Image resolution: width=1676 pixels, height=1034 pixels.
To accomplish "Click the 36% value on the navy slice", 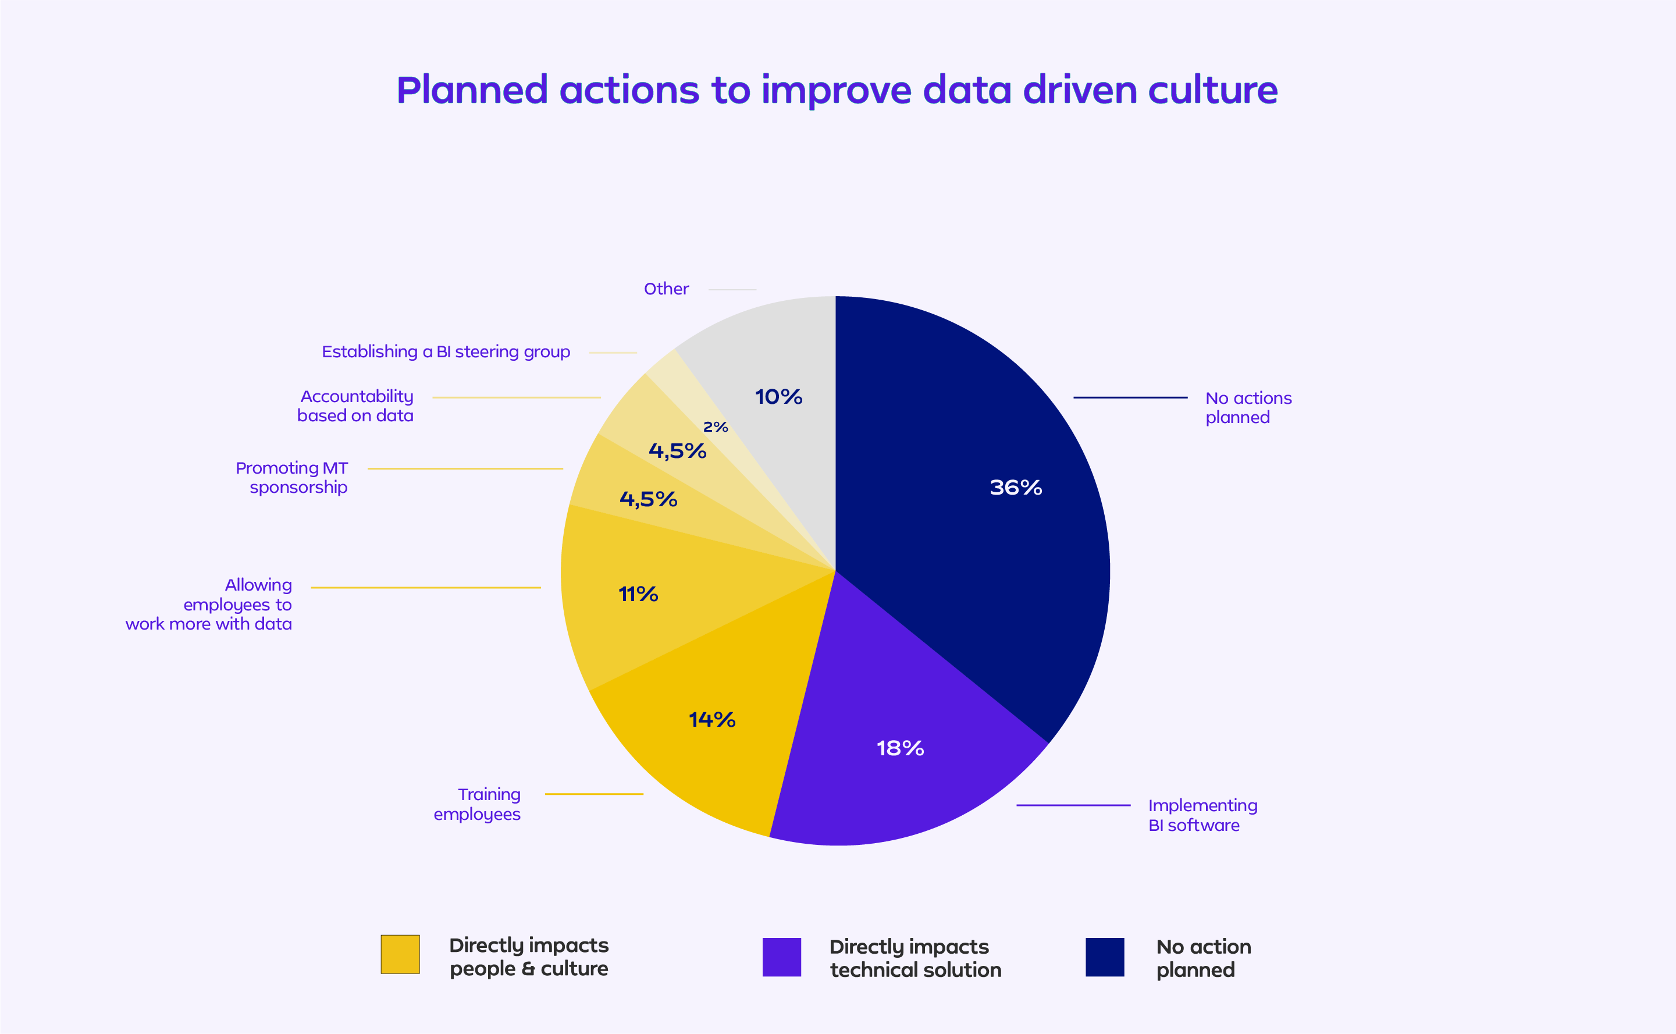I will (x=1016, y=488).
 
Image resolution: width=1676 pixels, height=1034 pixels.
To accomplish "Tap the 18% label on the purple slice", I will (x=900, y=748).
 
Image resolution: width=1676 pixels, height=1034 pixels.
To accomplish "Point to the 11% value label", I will (x=638, y=594).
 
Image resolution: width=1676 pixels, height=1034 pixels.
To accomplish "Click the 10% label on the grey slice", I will (x=778, y=397).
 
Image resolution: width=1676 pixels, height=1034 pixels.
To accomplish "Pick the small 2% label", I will (x=716, y=428).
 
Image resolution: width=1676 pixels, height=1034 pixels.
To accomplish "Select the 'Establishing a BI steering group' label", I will (x=446, y=352).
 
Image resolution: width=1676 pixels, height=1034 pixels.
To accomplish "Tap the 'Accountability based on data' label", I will (x=355, y=406).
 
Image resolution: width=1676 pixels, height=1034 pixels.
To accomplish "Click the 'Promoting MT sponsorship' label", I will (x=292, y=477).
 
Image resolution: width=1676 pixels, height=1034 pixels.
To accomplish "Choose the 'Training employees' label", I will (x=477, y=804).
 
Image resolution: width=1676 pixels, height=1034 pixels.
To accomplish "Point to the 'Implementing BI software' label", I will (x=1202, y=815).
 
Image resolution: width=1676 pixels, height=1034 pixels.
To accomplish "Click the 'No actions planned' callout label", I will (x=1248, y=407).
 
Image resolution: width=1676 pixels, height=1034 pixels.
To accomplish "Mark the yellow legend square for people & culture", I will (x=400, y=954).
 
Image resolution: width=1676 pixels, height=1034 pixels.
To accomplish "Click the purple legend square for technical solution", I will (x=781, y=957).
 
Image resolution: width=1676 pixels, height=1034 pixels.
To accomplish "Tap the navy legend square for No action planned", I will (x=1105, y=957).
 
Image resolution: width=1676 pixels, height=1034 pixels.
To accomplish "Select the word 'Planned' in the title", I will (x=472, y=90).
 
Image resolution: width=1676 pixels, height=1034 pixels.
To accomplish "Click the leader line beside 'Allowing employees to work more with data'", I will (x=425, y=588).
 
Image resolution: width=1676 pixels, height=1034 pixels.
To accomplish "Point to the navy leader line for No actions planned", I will (x=1130, y=397).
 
